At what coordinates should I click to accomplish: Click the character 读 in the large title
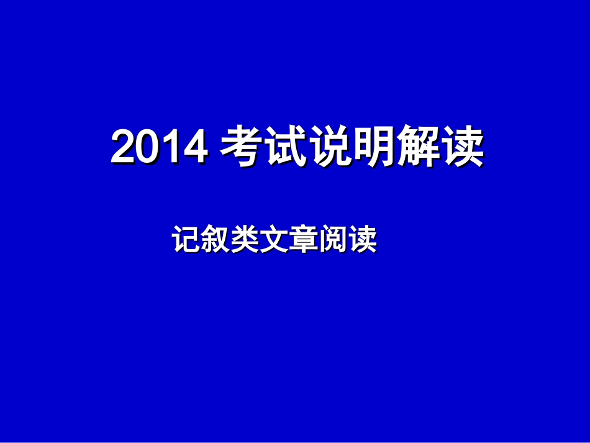[x=462, y=147]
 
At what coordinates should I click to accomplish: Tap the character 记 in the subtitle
[x=186, y=240]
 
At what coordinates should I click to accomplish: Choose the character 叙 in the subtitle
[x=216, y=240]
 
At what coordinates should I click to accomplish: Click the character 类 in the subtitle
[x=245, y=240]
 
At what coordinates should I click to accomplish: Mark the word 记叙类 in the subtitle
[x=216, y=240]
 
